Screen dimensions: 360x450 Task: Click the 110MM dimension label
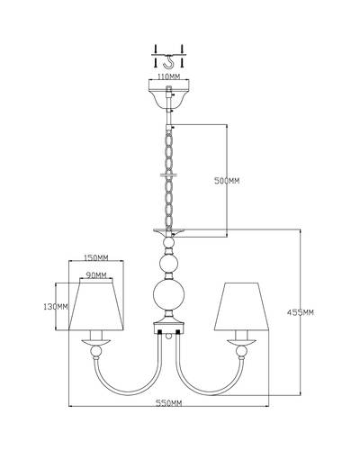point(169,76)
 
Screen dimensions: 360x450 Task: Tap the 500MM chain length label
point(227,181)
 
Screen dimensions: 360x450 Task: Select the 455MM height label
point(301,312)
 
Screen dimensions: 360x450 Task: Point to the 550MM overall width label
point(168,403)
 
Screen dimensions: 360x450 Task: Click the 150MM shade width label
point(95,257)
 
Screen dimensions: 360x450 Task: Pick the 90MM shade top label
point(96,274)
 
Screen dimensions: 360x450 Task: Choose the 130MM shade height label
point(56,307)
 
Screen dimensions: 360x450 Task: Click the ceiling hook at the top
point(170,62)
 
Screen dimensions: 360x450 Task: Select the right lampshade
point(241,306)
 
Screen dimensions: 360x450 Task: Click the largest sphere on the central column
point(169,294)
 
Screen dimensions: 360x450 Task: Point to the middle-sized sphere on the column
point(169,263)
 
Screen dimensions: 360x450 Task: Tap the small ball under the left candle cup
point(96,351)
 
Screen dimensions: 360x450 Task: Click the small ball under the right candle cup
point(241,352)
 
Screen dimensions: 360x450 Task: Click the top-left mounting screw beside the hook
point(156,49)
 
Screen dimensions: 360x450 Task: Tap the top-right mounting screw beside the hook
point(182,49)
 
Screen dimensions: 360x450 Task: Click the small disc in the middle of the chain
point(169,175)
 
